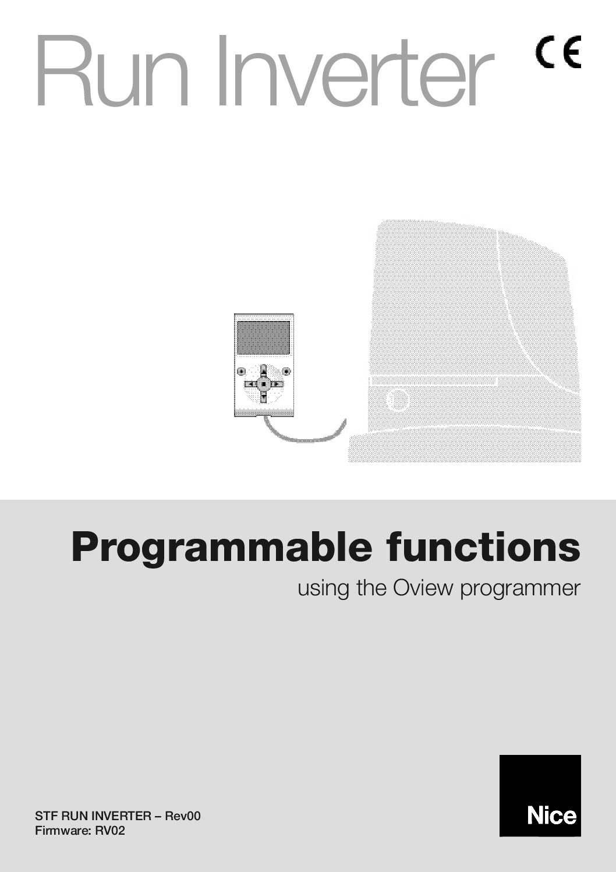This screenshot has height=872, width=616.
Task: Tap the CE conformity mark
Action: [559, 52]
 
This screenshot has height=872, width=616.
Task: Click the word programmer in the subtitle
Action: [521, 590]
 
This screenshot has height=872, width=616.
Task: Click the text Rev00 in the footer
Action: [183, 815]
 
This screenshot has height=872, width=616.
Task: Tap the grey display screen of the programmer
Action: [263, 338]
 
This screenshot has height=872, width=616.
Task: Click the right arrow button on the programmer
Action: [277, 384]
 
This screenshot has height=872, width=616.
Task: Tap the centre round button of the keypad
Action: [264, 384]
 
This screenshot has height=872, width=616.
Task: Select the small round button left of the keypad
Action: [241, 372]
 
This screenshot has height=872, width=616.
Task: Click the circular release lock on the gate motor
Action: [398, 400]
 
